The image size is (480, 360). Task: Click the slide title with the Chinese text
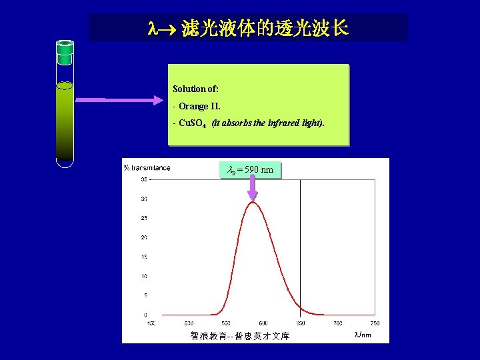tap(248, 29)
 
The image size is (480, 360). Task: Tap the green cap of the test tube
tap(65, 47)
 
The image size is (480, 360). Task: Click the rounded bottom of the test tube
tap(65, 162)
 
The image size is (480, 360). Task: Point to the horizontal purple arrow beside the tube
tap(120, 101)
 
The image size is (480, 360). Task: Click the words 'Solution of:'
tap(195, 89)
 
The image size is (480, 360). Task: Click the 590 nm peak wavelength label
tap(251, 170)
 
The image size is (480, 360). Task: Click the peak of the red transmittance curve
tap(253, 202)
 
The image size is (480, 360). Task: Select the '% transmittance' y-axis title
tap(147, 168)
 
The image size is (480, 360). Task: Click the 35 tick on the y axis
tap(144, 179)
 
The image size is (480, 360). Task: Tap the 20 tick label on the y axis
tap(144, 237)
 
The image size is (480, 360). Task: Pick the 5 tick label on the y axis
tap(145, 295)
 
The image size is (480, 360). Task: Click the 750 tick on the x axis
tap(375, 323)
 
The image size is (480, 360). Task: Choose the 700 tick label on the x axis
tap(338, 323)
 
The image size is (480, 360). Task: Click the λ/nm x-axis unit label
tap(363, 335)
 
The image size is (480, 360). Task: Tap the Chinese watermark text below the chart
tap(239, 336)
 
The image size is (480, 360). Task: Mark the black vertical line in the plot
tap(301, 247)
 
